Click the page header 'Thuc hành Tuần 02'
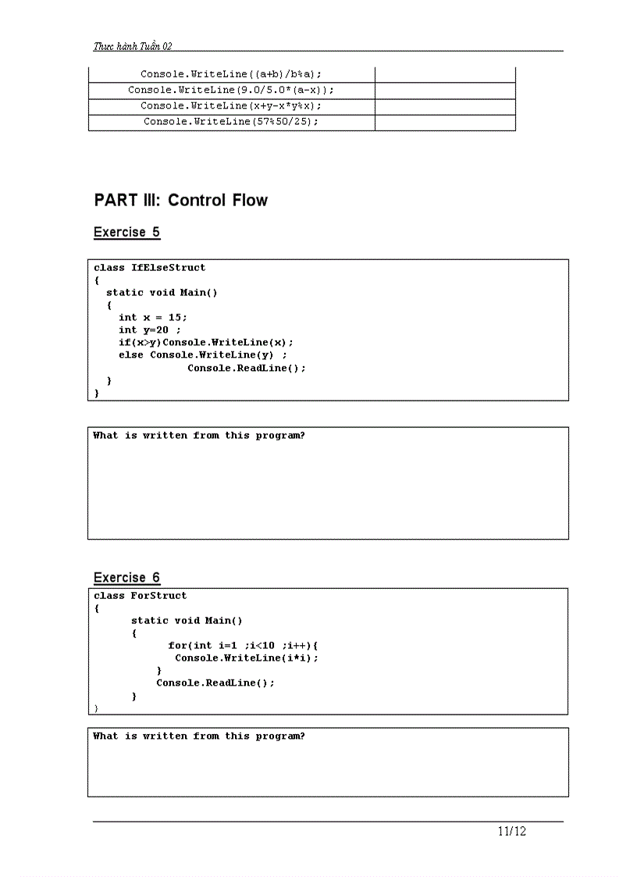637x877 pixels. click(133, 46)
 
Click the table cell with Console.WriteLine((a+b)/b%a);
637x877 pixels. click(231, 74)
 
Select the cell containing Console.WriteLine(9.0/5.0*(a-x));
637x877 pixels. click(231, 90)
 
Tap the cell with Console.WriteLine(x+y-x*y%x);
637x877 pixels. click(231, 105)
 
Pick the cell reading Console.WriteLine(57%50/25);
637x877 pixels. click(231, 122)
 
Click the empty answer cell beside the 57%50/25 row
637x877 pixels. click(445, 122)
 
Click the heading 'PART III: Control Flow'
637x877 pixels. click(180, 200)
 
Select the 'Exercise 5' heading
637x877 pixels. click(126, 232)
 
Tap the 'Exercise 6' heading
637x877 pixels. click(126, 578)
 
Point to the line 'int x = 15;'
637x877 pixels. click(153, 317)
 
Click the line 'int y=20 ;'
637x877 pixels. click(150, 330)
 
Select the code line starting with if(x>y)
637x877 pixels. click(206, 342)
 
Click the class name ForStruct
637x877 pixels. click(158, 595)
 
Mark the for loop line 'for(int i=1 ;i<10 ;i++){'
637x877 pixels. click(243, 645)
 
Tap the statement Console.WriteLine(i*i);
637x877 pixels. click(247, 658)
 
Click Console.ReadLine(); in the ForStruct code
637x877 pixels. click(215, 683)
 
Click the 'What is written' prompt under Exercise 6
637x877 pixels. click(199, 736)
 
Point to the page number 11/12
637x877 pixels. click(512, 831)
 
